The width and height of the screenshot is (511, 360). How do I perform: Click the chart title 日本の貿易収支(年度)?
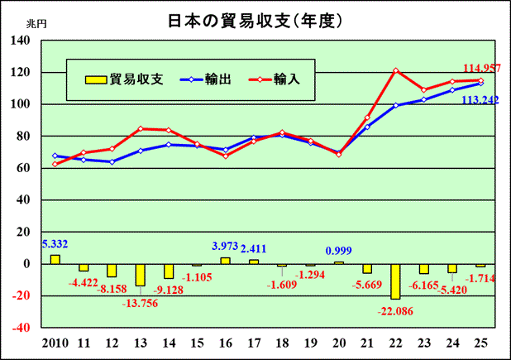pyautogui.click(x=255, y=18)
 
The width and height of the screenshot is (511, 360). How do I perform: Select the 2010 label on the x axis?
pyautogui.click(x=55, y=342)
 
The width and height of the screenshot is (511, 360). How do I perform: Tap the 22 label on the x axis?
pyautogui.click(x=396, y=342)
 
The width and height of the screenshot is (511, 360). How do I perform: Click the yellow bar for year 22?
pyautogui.click(x=396, y=281)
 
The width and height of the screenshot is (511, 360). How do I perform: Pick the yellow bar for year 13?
pyautogui.click(x=141, y=275)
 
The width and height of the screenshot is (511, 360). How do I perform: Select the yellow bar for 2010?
pyautogui.click(x=55, y=259)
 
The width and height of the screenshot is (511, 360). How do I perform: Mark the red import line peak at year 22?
pyautogui.click(x=396, y=70)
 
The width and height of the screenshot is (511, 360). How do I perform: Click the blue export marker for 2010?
pyautogui.click(x=55, y=156)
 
